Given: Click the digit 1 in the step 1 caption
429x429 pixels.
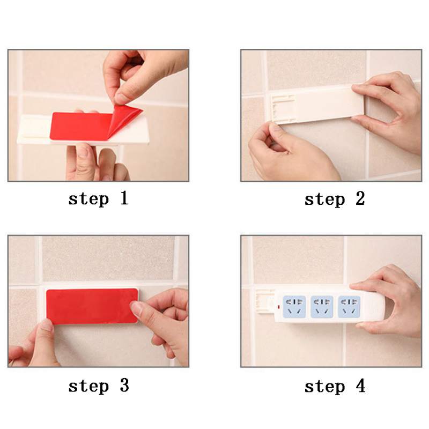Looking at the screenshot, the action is click(x=124, y=198).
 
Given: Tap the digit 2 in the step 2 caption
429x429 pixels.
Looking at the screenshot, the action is click(x=360, y=198).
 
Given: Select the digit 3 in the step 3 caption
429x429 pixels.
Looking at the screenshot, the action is click(x=124, y=386).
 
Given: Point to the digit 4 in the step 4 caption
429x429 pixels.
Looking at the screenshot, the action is click(x=360, y=386).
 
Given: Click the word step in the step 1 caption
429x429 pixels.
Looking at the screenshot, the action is click(x=88, y=199).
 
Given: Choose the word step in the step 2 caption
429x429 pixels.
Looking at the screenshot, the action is click(x=324, y=200).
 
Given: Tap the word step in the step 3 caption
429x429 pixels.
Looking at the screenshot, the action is click(x=88, y=387).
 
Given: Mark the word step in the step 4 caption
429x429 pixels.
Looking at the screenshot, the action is click(x=324, y=387).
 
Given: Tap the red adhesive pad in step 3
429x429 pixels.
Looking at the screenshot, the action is click(x=92, y=306).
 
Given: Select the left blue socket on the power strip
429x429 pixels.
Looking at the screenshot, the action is click(x=294, y=307).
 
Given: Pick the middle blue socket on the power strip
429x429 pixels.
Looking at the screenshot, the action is click(x=322, y=307).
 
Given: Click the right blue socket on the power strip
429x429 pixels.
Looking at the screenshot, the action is click(x=349, y=307).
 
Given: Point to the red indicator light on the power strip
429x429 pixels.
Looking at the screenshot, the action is click(x=278, y=307).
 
